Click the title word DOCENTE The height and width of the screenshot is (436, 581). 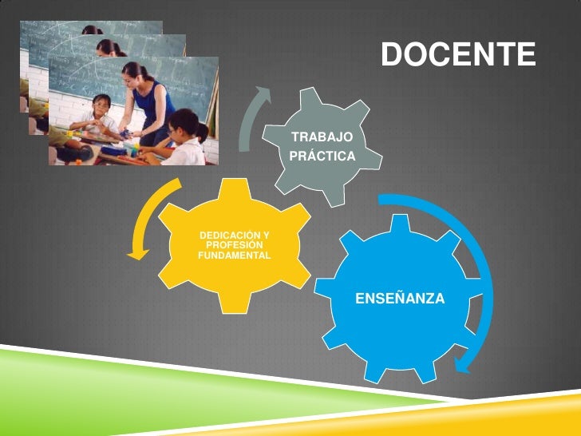point(457,54)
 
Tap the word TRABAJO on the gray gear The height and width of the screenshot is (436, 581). point(322,137)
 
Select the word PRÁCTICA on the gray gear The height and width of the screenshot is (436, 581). point(322,157)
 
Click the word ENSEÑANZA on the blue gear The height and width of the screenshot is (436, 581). point(400,299)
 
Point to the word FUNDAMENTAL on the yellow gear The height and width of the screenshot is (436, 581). point(234,256)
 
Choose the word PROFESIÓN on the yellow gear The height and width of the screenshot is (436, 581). point(235,245)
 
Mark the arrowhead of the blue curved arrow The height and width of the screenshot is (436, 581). point(460,366)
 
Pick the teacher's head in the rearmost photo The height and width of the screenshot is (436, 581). point(92,30)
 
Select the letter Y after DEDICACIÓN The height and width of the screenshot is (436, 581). point(266,235)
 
